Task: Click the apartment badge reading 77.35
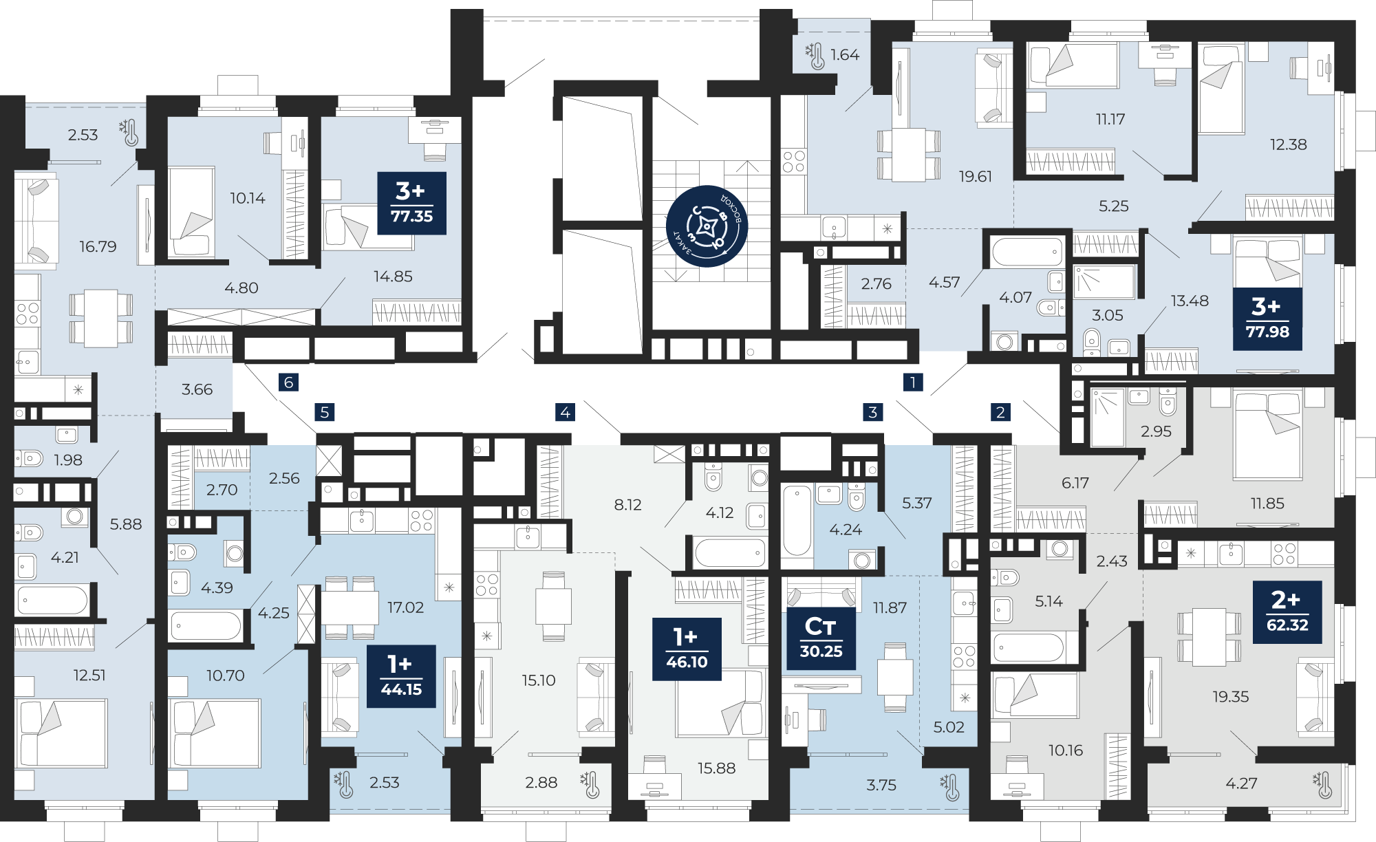click(411, 203)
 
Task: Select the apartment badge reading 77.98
click(1267, 319)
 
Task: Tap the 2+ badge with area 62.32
click(1287, 612)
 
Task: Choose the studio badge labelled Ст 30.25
click(821, 638)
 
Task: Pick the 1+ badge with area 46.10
click(687, 649)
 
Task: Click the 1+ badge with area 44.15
click(401, 676)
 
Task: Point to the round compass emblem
click(707, 226)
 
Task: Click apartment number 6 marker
click(289, 382)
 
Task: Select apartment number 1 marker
click(913, 382)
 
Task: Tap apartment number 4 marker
click(565, 412)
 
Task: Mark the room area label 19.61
click(976, 177)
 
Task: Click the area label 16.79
click(98, 246)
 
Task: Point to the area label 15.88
click(716, 768)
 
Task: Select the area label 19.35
click(1230, 697)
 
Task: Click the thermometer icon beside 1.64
click(815, 56)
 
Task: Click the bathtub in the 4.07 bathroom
click(1027, 252)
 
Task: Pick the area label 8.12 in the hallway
click(627, 505)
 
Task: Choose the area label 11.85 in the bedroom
click(1267, 504)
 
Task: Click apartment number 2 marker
click(1000, 412)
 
